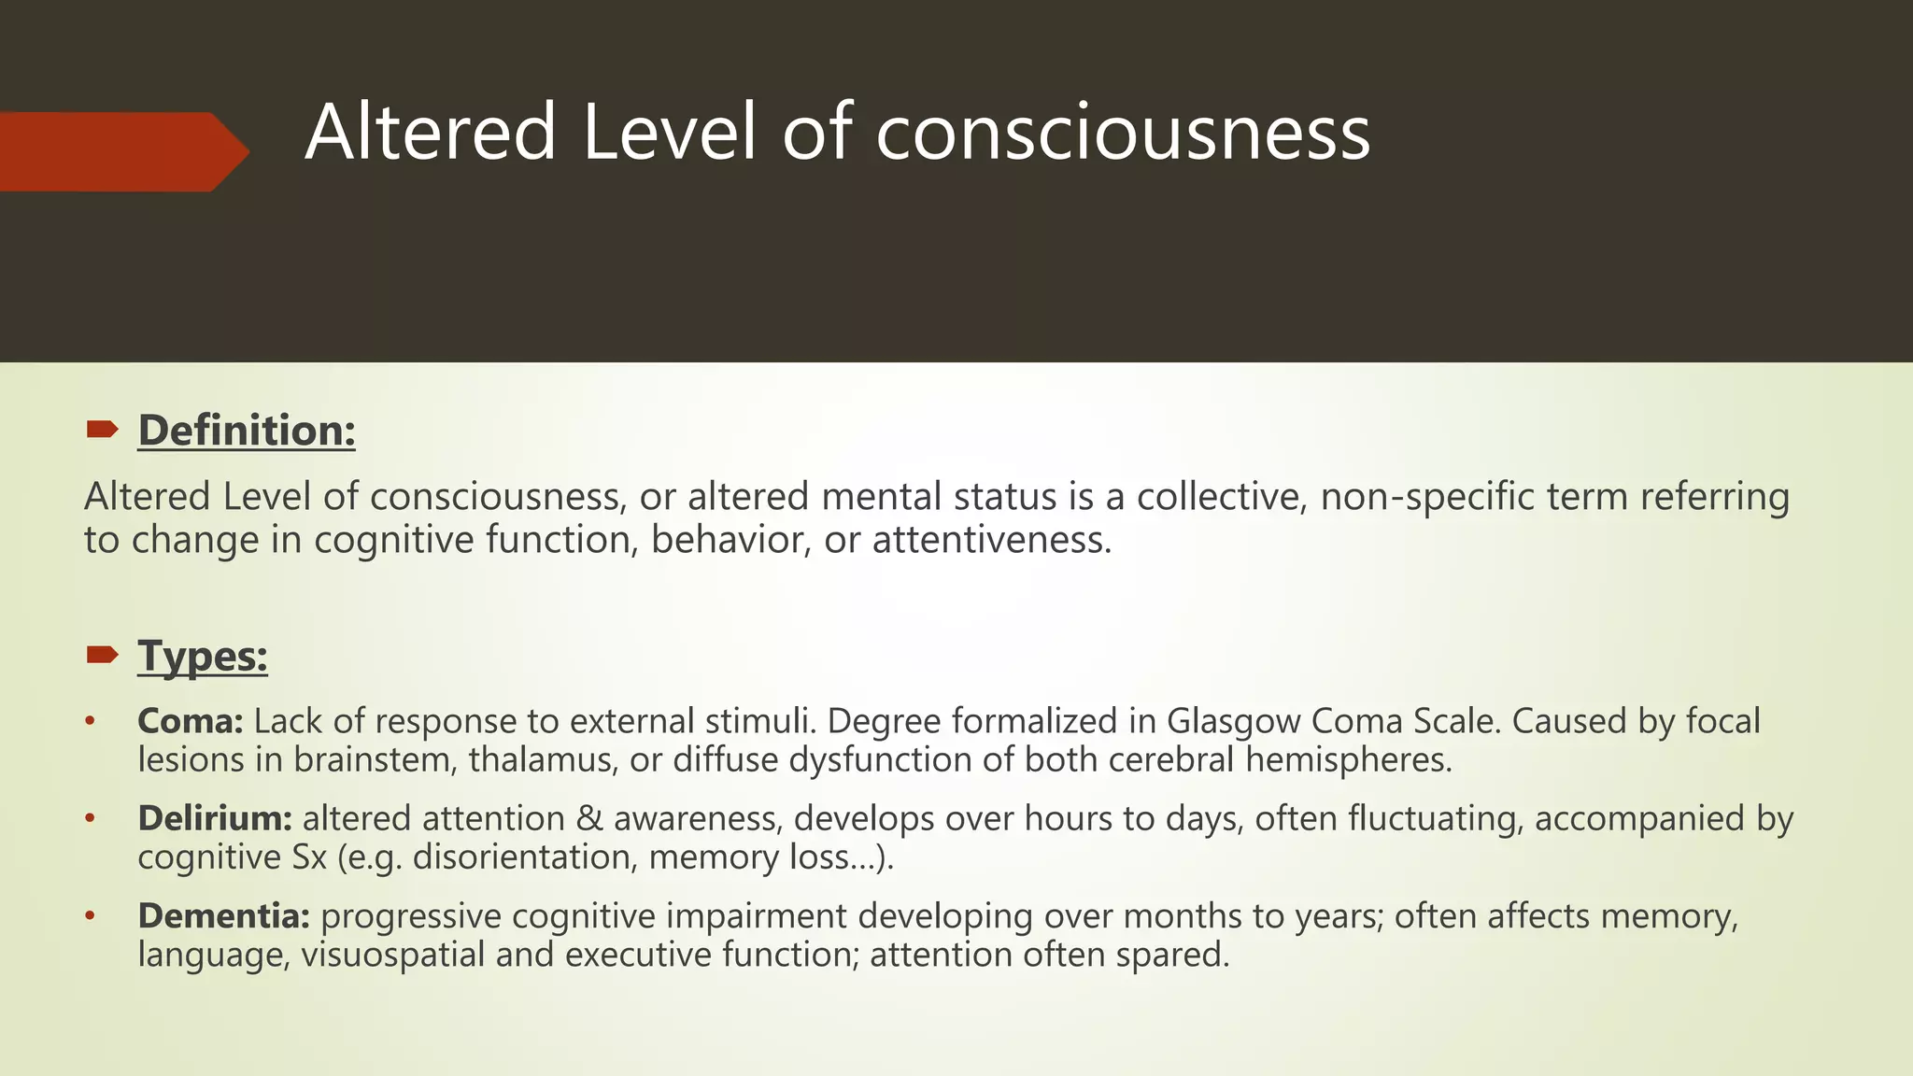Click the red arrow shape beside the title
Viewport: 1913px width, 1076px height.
coord(121,151)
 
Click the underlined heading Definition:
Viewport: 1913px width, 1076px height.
coord(247,431)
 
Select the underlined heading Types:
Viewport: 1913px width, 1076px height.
coord(203,656)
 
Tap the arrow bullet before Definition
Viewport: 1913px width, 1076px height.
coord(102,430)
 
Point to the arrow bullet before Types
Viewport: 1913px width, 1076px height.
coord(102,655)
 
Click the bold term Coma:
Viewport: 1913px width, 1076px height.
coord(191,721)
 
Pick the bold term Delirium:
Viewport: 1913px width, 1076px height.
coord(215,818)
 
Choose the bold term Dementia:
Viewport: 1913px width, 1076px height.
coord(223,915)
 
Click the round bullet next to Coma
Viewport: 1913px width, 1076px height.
coord(90,721)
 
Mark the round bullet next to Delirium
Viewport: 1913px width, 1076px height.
coord(90,818)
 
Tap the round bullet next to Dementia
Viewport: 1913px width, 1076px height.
coord(90,915)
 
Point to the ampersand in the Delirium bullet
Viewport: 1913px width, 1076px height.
coord(589,818)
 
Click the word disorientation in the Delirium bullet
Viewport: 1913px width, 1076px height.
coord(525,857)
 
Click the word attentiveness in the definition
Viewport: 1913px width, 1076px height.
coord(992,540)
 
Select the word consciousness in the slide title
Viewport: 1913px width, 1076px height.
coord(1123,133)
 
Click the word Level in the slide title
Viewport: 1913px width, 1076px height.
coord(669,133)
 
